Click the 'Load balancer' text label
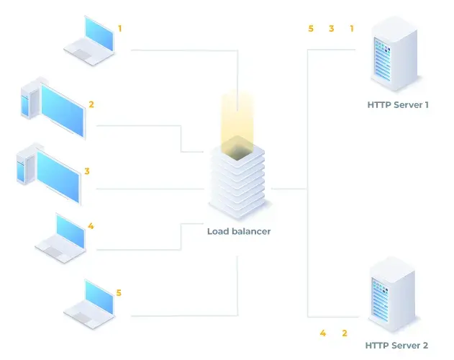[x=239, y=231]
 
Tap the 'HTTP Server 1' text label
[x=398, y=104]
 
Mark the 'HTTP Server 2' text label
[x=396, y=346]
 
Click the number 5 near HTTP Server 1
[x=311, y=29]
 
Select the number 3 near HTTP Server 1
[x=332, y=29]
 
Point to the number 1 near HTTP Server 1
[x=352, y=29]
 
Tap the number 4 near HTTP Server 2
[x=323, y=333]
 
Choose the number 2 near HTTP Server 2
[x=344, y=333]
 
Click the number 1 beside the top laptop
[x=120, y=28]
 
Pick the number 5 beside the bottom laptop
[x=119, y=293]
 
